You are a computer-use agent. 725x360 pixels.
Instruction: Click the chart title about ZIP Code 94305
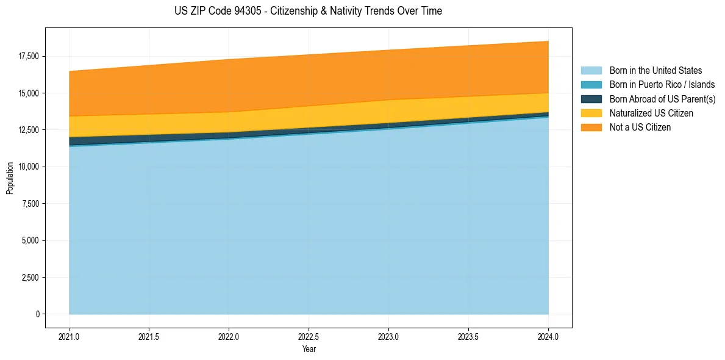click(x=308, y=11)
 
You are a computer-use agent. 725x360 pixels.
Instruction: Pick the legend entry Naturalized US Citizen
click(x=651, y=113)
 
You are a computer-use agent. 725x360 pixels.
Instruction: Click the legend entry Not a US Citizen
click(x=640, y=128)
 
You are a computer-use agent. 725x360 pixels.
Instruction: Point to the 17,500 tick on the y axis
click(x=29, y=56)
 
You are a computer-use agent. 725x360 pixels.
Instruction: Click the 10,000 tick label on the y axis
click(x=29, y=167)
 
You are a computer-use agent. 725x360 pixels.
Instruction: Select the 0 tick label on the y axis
click(x=37, y=314)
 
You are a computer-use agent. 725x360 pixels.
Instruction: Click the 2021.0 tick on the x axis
click(x=70, y=336)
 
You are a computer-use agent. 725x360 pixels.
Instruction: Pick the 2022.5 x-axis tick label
click(x=309, y=336)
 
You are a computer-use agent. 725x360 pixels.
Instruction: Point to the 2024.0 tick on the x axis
click(x=548, y=336)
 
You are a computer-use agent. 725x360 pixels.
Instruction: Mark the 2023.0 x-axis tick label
click(x=388, y=336)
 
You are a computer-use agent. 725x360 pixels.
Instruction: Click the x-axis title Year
click(x=309, y=349)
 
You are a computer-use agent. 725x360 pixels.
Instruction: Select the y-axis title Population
click(x=9, y=178)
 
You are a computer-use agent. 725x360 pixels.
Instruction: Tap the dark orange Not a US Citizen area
click(x=309, y=79)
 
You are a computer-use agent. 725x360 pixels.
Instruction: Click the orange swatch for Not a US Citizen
click(x=591, y=128)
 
